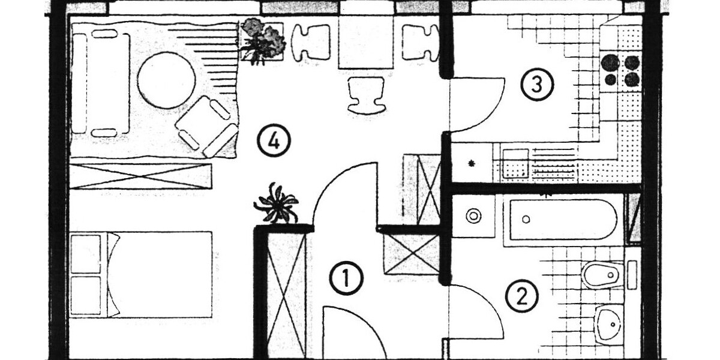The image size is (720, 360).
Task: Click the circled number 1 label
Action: [x=347, y=278]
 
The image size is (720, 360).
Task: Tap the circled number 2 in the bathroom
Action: [x=521, y=296]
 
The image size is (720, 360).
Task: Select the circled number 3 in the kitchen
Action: [x=537, y=85]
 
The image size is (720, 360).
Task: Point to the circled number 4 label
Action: [x=274, y=140]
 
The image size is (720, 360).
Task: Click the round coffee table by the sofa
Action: [x=167, y=80]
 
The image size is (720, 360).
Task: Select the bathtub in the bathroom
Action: [x=563, y=220]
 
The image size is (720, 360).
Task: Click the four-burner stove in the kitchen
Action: [x=622, y=71]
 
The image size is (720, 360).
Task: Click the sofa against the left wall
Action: [x=101, y=83]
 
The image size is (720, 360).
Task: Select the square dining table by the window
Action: [x=366, y=42]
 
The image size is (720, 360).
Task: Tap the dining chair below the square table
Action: [x=366, y=95]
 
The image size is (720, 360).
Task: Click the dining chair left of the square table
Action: [x=311, y=42]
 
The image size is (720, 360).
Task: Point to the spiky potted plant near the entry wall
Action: [x=277, y=203]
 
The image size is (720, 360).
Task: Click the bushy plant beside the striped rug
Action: [x=263, y=41]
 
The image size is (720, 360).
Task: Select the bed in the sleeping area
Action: [x=141, y=275]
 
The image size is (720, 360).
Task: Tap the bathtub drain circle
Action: [x=526, y=220]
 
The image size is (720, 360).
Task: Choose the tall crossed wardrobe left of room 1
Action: [x=286, y=295]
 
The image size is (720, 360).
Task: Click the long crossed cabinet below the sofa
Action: [x=140, y=176]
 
